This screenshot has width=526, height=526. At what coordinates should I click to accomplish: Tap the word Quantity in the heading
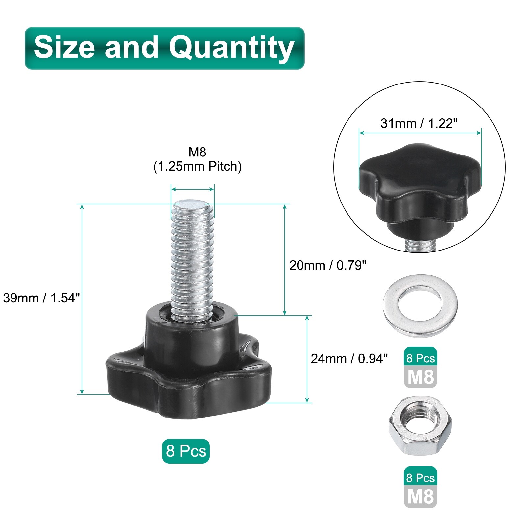231,48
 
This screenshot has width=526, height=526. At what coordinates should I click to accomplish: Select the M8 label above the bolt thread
197,152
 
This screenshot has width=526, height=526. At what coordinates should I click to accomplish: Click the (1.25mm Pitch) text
198,167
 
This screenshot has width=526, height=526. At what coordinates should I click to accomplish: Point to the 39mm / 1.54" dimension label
41,298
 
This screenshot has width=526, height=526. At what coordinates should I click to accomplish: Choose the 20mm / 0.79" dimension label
328,265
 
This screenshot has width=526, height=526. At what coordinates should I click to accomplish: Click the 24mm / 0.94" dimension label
349,359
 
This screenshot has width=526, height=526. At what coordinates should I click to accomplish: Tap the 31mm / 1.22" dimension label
419,123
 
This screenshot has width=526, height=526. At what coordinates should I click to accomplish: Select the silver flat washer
420,306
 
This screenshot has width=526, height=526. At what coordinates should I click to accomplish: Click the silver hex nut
420,426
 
